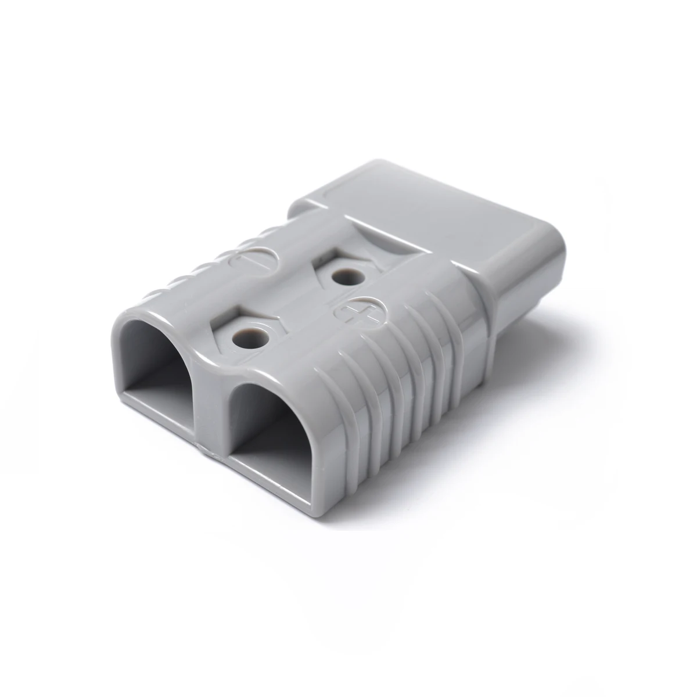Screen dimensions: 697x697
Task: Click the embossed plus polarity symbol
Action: click(354, 312)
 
